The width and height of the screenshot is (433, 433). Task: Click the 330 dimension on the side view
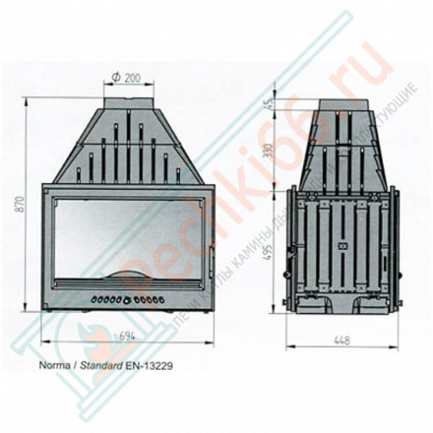[x=268, y=149]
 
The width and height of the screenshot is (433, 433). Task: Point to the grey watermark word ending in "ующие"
[x=368, y=120]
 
